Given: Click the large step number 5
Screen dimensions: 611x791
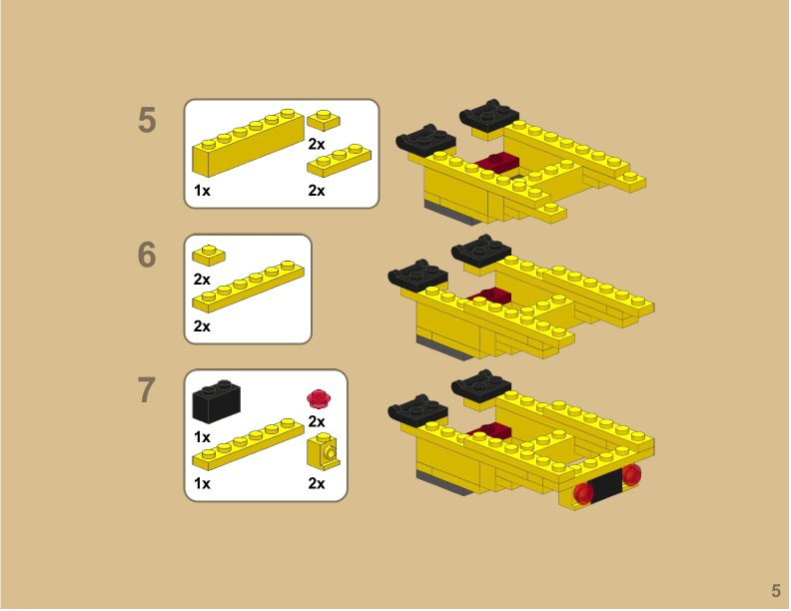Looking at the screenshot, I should [x=147, y=121].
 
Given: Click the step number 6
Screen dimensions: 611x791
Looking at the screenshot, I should [x=147, y=256].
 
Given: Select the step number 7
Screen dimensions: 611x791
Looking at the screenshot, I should [x=147, y=390].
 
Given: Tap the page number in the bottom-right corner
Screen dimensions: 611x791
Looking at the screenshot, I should [x=775, y=590].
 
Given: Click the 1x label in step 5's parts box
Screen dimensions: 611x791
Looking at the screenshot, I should [x=202, y=190].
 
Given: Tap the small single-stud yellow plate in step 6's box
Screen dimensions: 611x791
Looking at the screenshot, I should [x=209, y=255].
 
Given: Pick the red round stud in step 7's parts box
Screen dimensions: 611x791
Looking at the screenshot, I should [x=318, y=398].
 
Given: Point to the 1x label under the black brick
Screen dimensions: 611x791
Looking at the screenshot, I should [x=202, y=437].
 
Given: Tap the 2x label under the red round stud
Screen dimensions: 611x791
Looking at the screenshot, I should [x=317, y=422].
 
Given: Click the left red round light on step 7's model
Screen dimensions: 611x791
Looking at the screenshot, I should [x=584, y=492].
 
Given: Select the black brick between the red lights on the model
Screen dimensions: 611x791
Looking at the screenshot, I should [x=606, y=486].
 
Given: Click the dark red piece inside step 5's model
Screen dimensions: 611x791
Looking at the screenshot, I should [x=496, y=165].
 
